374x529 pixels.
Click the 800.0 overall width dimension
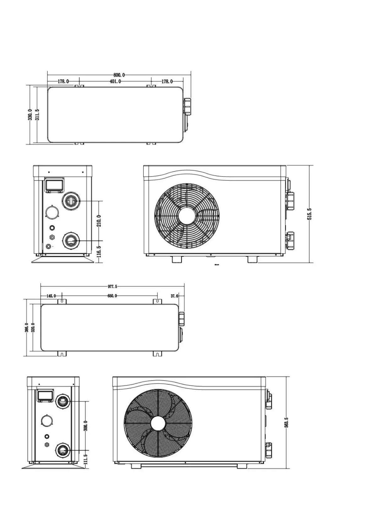coord(119,75)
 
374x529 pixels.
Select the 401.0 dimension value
coord(115,81)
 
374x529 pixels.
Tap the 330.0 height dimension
coord(30,115)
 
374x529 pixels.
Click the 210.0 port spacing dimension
coord(99,221)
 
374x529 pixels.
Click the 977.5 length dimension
coord(112,286)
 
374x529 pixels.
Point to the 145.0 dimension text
coord(51,296)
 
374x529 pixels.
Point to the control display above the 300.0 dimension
coord(45,395)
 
